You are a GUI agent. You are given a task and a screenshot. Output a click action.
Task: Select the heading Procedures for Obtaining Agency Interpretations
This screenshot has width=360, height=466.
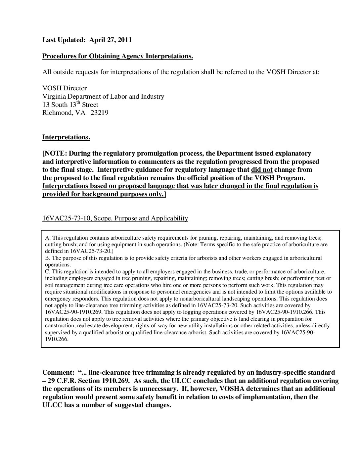click(117, 56)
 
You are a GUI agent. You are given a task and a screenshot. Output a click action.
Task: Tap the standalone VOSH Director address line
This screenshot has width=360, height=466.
click(65, 88)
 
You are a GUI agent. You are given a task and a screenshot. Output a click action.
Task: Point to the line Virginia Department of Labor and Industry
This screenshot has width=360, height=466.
click(103, 97)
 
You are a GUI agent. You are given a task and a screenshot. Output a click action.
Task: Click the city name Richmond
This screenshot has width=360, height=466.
click(55, 113)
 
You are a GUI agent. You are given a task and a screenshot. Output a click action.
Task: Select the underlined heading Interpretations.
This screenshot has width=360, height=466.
click(66, 137)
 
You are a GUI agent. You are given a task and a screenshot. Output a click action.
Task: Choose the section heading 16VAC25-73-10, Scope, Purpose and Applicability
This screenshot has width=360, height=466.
click(115, 218)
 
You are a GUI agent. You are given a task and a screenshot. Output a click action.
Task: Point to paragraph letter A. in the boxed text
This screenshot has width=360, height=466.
click(47, 238)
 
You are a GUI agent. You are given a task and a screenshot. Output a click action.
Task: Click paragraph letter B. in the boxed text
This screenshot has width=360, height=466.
click(47, 258)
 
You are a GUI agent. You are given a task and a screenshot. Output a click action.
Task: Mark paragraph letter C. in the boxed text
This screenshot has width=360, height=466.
click(47, 271)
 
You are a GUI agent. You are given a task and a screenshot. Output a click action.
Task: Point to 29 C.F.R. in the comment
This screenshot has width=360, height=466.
click(62, 381)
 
